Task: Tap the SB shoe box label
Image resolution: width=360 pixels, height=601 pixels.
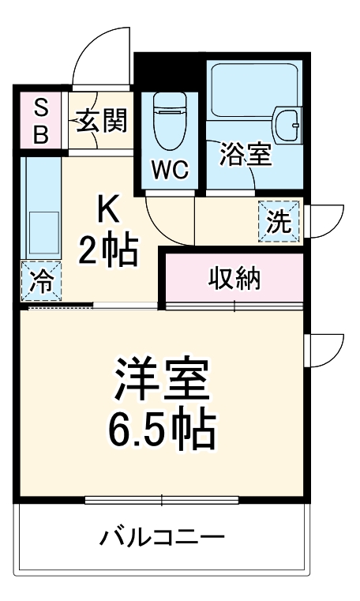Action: tap(40, 121)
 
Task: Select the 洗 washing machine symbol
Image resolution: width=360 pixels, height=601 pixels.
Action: tap(278, 221)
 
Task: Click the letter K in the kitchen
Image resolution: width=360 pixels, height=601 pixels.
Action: tap(107, 209)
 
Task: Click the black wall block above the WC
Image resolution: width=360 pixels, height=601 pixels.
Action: tap(169, 70)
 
